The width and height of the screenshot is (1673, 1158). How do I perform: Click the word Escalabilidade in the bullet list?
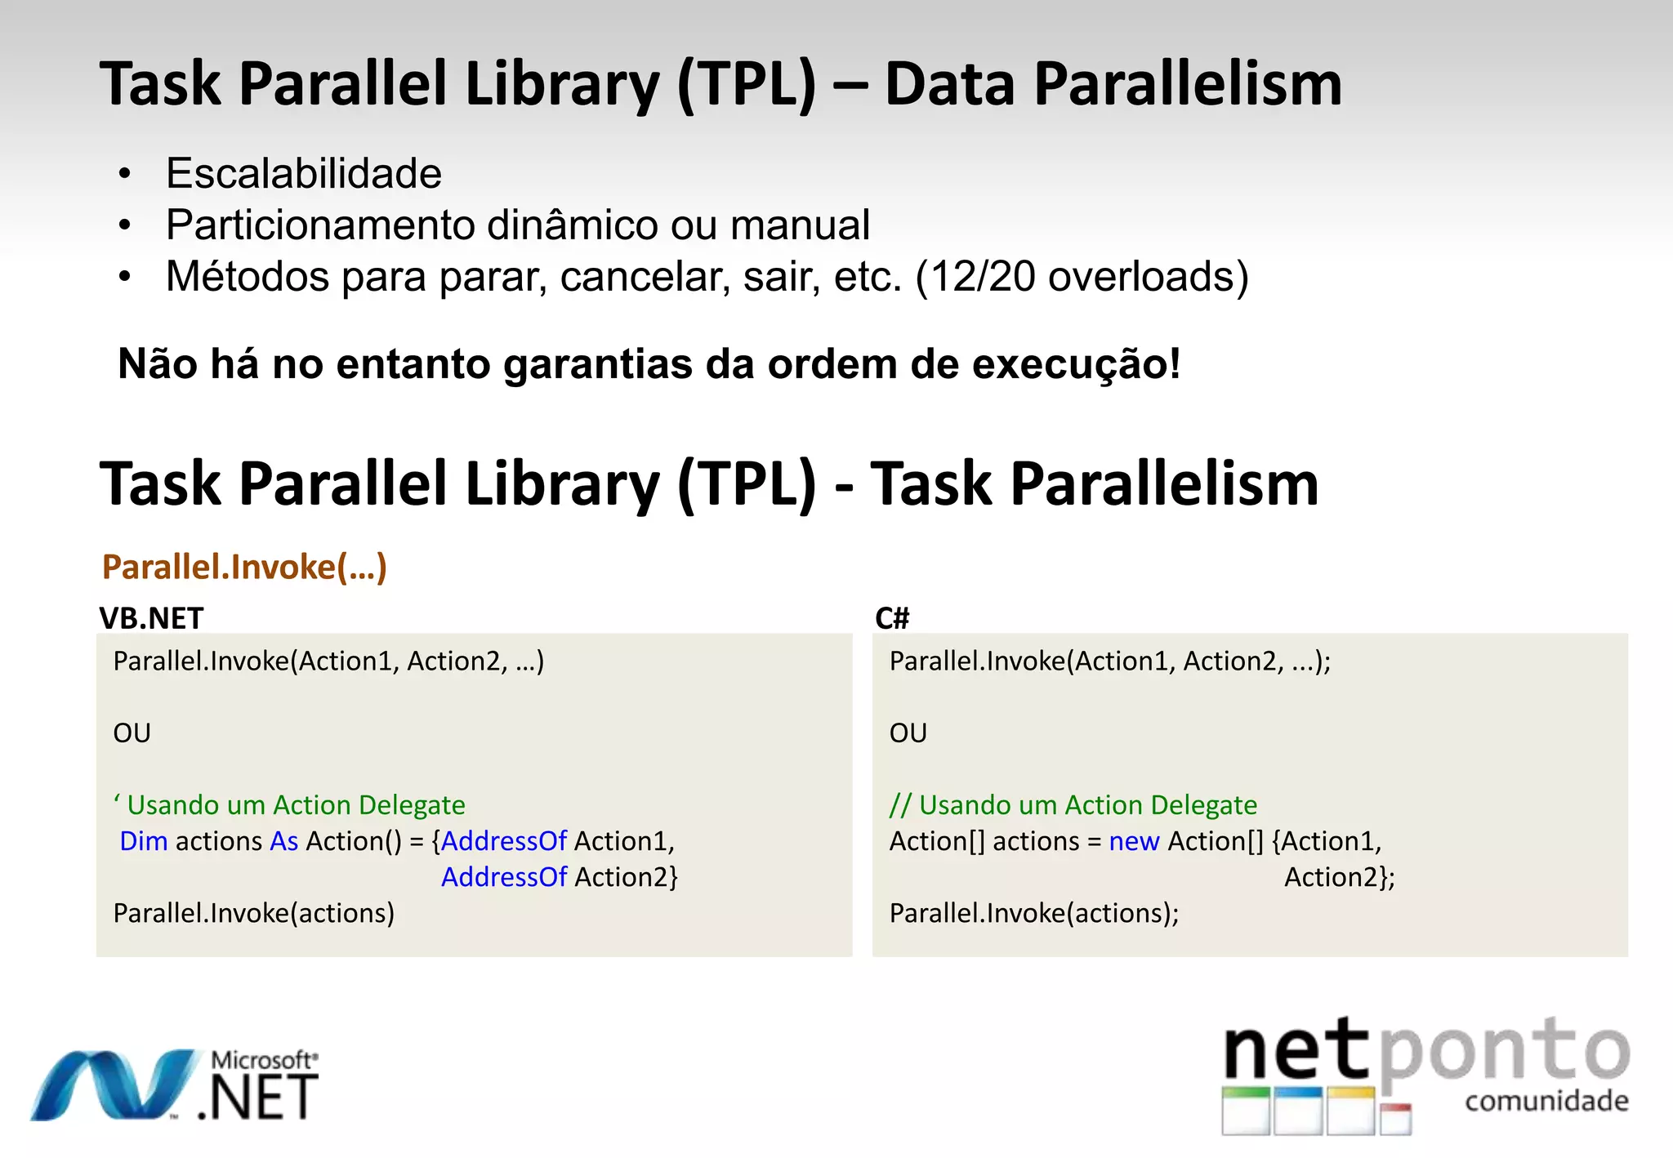[x=303, y=174]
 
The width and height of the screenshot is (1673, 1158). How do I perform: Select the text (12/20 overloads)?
[x=1082, y=277]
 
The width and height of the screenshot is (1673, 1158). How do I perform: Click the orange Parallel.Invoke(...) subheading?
[x=244, y=567]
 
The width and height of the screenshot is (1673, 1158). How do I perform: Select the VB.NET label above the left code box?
[x=151, y=618]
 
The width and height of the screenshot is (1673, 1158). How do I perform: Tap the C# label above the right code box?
[x=891, y=618]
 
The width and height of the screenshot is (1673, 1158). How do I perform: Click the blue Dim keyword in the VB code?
[x=143, y=841]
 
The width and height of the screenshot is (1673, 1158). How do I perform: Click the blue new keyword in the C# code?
[x=1133, y=841]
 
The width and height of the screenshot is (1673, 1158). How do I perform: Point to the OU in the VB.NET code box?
[x=132, y=733]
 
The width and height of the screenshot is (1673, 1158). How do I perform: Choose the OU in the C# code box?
[x=908, y=733]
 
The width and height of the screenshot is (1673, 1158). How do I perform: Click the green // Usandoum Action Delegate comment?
[x=1073, y=805]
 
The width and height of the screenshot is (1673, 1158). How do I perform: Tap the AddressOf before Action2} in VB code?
[x=503, y=877]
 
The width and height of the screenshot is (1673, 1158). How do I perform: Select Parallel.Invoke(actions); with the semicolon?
[x=1033, y=913]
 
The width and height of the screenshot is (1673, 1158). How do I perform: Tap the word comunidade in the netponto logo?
[x=1546, y=1102]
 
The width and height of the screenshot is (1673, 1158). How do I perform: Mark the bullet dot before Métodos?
[x=124, y=277]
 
